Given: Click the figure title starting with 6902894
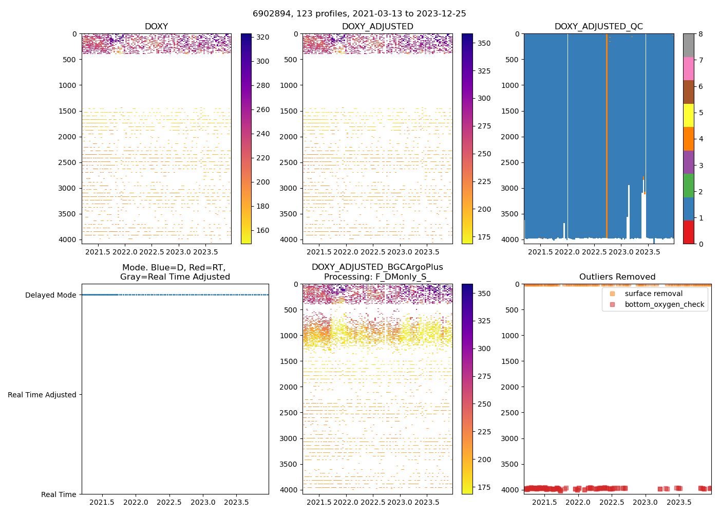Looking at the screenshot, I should [x=359, y=14].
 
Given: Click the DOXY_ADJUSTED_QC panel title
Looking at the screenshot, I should [x=598, y=27].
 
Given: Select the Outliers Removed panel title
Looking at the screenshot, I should [x=617, y=277].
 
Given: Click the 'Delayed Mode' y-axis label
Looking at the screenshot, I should [x=50, y=295].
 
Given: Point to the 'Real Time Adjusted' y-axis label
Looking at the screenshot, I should [x=42, y=395].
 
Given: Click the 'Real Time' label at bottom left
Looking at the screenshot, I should [x=59, y=494].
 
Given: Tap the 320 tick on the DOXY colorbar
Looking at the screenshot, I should [x=262, y=37].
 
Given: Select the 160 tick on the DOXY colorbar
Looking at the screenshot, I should [x=262, y=230].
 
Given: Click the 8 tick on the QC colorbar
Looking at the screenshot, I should [x=701, y=34].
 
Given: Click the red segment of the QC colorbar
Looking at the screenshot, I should [x=688, y=232].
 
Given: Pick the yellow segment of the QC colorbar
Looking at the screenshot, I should [x=688, y=115].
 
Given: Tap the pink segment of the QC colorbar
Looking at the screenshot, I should [x=688, y=68].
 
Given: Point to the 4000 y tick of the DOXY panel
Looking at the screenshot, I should [x=67, y=240].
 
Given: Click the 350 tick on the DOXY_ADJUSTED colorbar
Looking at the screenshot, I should [x=484, y=43].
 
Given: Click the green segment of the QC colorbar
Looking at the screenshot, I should [x=688, y=185].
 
